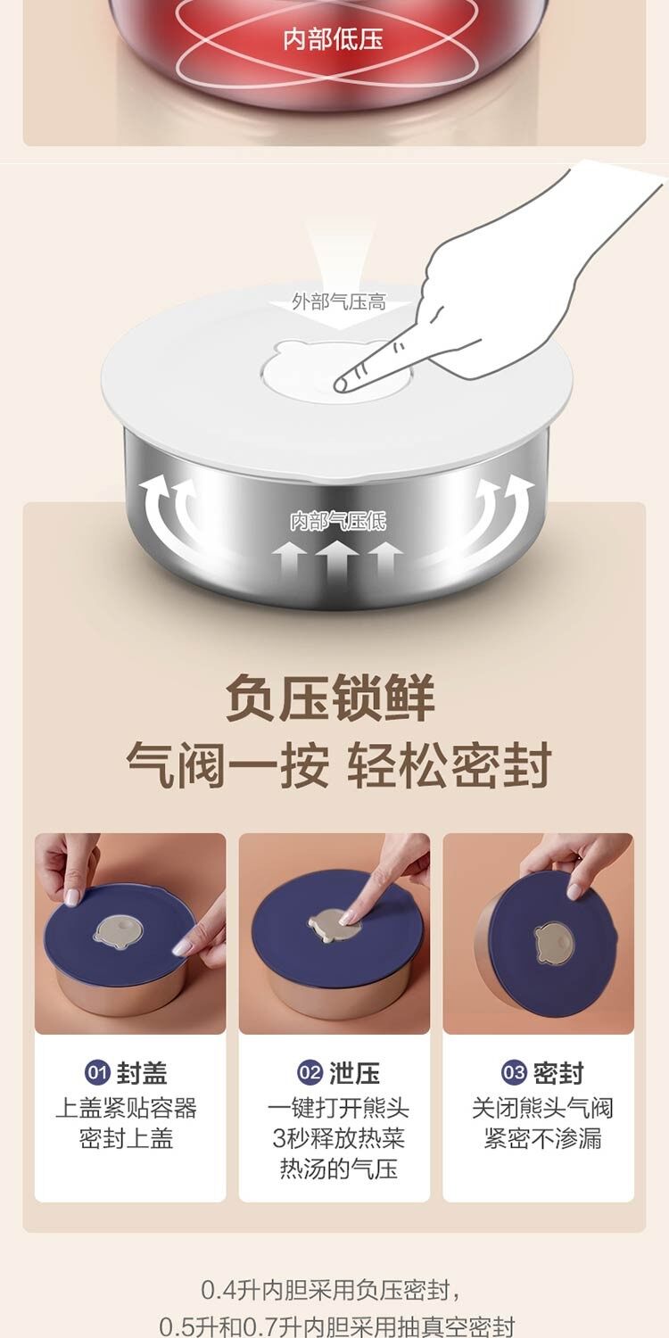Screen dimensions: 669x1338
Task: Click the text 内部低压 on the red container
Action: (333, 39)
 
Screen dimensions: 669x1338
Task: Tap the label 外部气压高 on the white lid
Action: (339, 301)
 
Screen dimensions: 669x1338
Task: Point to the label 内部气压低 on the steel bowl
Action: (338, 521)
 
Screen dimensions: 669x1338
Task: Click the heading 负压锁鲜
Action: (330, 697)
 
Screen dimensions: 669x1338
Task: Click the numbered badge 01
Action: (97, 1072)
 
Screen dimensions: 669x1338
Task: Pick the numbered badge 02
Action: (310, 1072)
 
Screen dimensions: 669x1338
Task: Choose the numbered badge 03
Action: (514, 1072)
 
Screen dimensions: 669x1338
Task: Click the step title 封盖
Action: (142, 1073)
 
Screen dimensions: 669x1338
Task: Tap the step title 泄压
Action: (354, 1073)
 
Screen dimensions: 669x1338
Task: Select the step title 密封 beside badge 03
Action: (558, 1073)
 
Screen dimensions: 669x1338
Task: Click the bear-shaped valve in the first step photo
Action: (119, 932)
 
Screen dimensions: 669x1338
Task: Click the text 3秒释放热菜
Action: (338, 1138)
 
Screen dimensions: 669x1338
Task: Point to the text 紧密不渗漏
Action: (542, 1138)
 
